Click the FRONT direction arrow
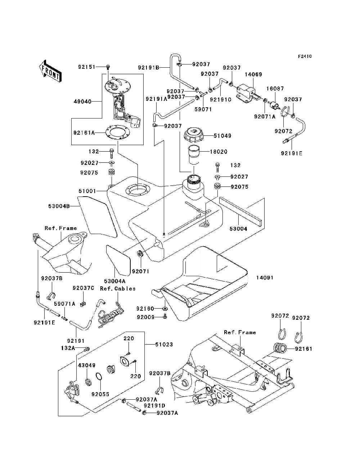click(x=51, y=71)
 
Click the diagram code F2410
click(x=305, y=57)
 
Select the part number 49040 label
click(x=82, y=101)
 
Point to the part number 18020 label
click(x=219, y=152)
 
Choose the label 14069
click(x=253, y=75)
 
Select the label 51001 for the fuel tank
click(x=87, y=191)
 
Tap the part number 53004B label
click(x=59, y=206)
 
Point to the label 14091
click(x=265, y=278)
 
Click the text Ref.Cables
click(x=118, y=288)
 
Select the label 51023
click(x=164, y=344)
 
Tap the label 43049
click(x=87, y=365)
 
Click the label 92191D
click(x=154, y=406)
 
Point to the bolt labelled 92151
click(x=108, y=67)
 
